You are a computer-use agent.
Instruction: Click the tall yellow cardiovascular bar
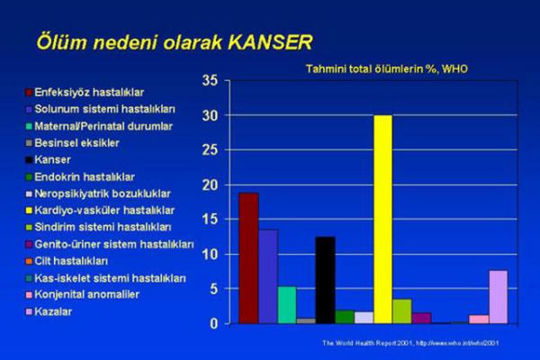[382, 220]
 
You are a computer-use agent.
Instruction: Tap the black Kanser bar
[325, 280]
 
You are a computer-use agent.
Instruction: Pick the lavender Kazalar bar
[498, 296]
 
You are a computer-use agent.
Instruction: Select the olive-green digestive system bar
[402, 310]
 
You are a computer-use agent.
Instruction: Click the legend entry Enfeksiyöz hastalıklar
[89, 93]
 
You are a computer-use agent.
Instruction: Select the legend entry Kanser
[54, 159]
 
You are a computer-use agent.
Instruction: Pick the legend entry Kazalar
[55, 311]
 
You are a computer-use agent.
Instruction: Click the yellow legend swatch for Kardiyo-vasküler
[28, 211]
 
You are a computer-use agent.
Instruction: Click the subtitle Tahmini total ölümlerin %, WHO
[386, 68]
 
